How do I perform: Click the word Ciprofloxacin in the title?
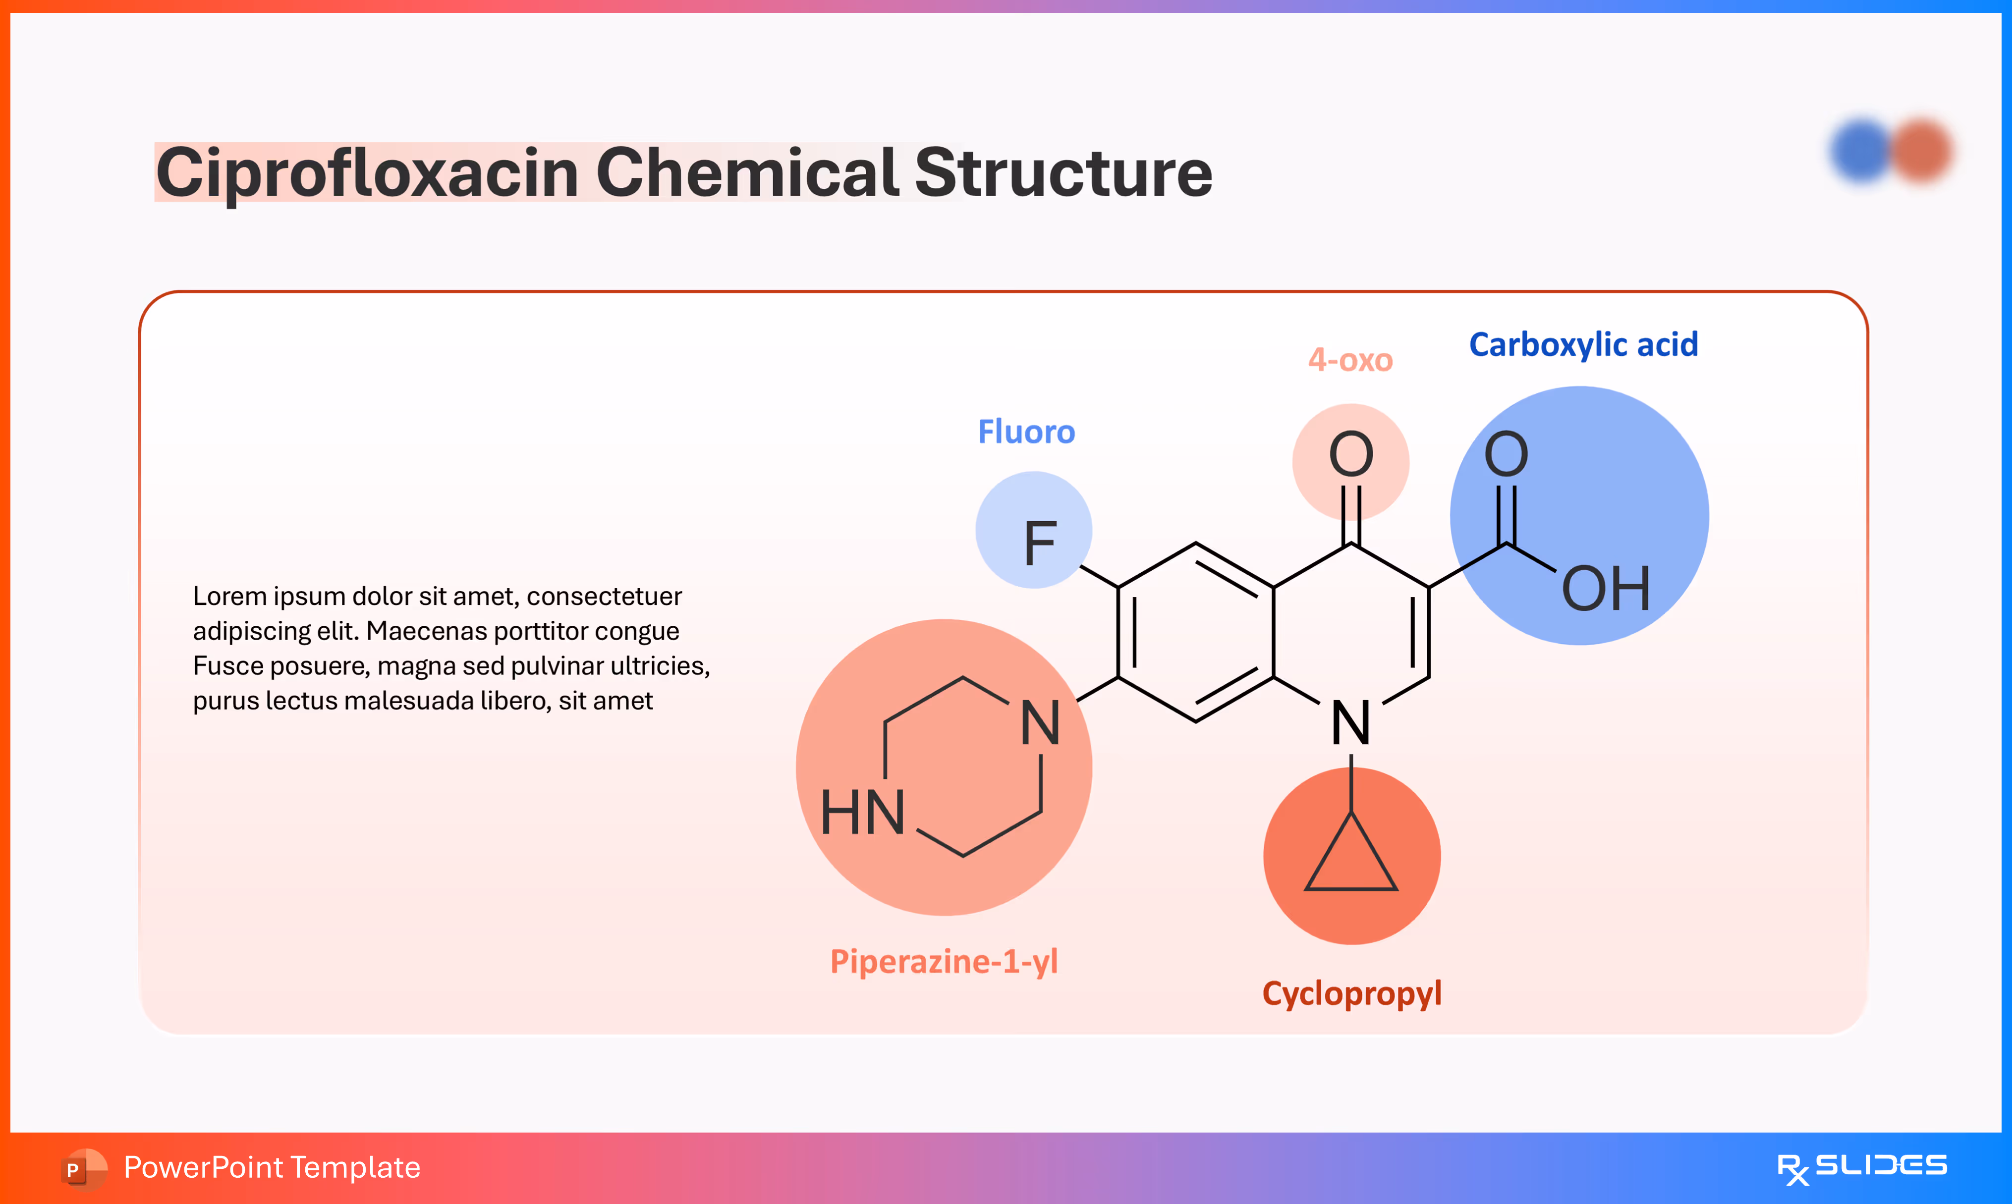(367, 173)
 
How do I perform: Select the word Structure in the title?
(1063, 173)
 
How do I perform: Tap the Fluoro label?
(1026, 432)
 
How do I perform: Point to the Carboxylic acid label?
(1583, 345)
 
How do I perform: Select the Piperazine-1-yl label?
(944, 961)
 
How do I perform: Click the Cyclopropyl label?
(1351, 993)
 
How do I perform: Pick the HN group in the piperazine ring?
(862, 812)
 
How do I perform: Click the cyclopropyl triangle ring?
(1351, 860)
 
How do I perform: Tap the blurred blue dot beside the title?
(1861, 151)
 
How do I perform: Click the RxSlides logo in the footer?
(1861, 1167)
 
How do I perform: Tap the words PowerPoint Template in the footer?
(272, 1167)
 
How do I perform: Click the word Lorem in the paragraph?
(229, 597)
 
